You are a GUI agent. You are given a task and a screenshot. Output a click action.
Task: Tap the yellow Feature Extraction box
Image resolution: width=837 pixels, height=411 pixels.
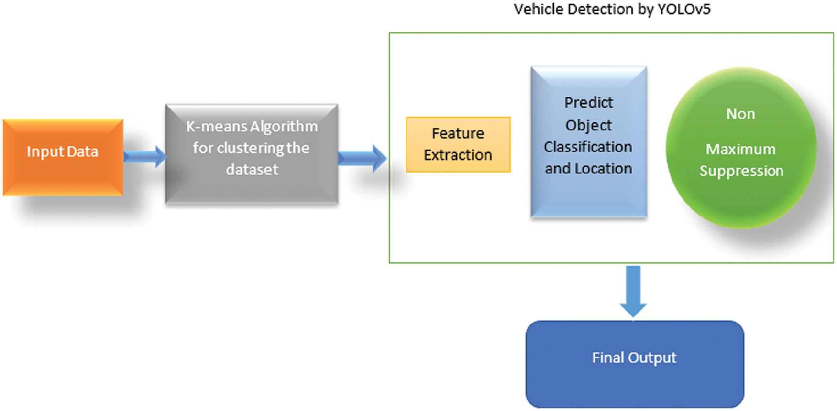[458, 144]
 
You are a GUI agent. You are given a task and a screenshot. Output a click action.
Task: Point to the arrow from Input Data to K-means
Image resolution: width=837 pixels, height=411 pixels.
[144, 156]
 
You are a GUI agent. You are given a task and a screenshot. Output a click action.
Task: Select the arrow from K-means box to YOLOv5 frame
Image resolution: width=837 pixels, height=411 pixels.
[362, 158]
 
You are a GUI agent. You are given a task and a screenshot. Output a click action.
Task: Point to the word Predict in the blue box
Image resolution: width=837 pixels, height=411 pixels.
[588, 102]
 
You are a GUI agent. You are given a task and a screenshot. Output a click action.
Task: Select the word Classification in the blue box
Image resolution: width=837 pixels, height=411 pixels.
[588, 147]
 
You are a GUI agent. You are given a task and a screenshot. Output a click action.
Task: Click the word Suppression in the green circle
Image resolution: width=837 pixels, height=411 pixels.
[741, 171]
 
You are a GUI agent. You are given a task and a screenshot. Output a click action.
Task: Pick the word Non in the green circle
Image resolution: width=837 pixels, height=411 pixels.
[740, 114]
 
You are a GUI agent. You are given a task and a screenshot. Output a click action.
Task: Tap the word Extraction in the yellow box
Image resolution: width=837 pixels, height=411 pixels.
[458, 155]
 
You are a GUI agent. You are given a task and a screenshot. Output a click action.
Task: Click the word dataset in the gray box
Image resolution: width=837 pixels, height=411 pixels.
[252, 170]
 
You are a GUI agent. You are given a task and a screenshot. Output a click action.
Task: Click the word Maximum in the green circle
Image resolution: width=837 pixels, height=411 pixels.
[740, 149]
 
